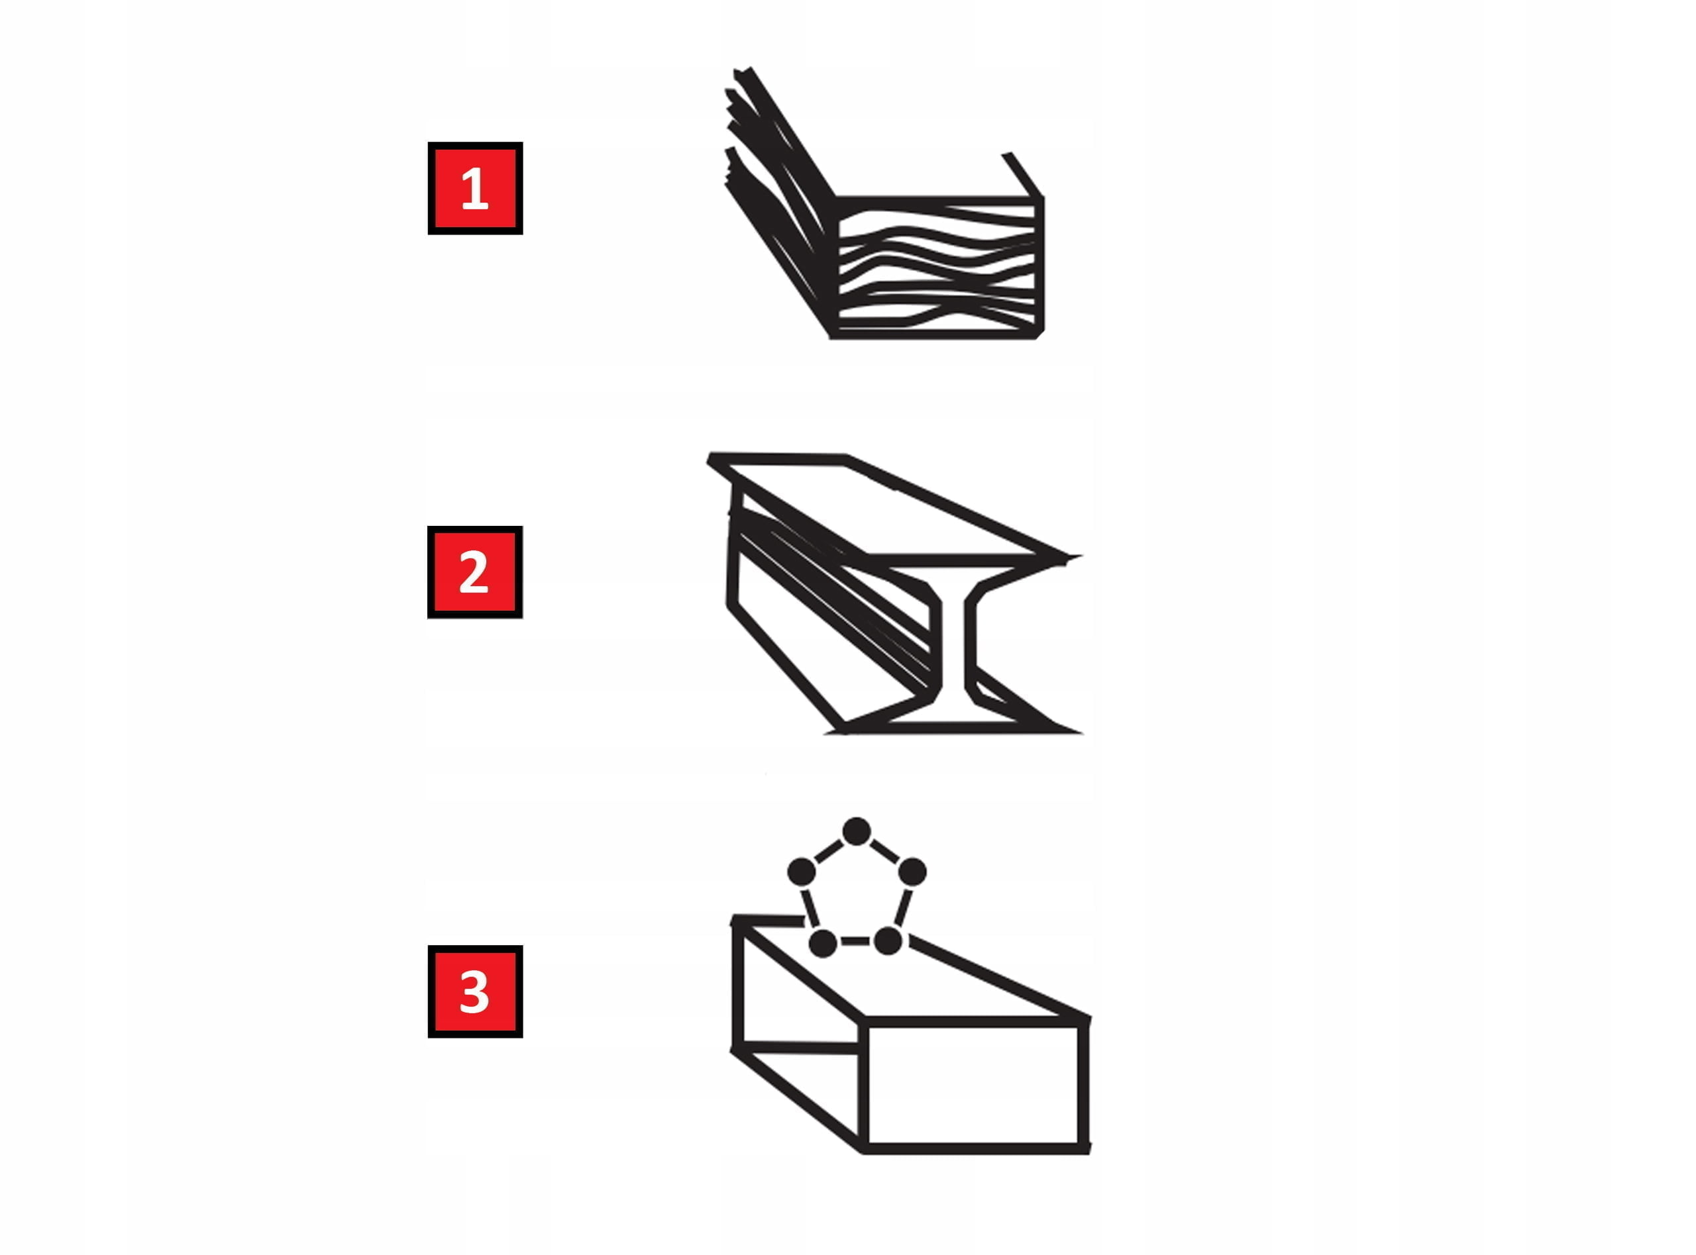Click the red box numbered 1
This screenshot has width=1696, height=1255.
point(475,188)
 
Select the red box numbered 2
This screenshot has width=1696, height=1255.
point(475,572)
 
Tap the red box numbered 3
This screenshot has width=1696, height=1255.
point(475,991)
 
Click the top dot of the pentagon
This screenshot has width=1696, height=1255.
point(857,831)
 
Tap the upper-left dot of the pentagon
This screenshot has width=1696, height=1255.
point(801,872)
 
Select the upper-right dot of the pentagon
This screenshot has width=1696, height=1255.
point(912,872)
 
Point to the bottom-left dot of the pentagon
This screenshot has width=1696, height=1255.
point(823,943)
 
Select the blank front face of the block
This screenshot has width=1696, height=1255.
point(974,1085)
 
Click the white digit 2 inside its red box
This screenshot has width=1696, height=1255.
point(474,572)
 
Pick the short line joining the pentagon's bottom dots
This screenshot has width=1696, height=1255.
point(855,942)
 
